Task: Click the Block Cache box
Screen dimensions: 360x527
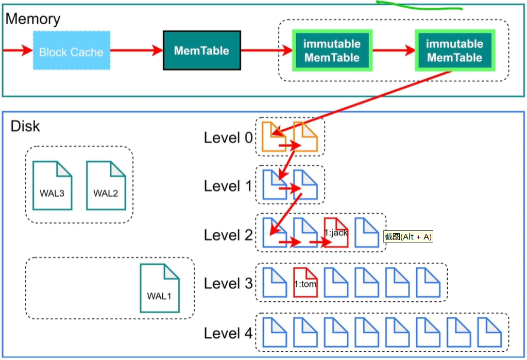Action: tap(72, 50)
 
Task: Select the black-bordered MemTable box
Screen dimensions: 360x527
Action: tap(201, 50)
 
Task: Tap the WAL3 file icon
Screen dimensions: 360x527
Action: tap(52, 185)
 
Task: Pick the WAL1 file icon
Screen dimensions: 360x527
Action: tap(160, 288)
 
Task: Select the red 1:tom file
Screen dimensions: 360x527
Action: tap(305, 283)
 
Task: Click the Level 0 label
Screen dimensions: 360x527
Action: tap(229, 138)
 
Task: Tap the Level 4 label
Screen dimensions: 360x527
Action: tap(229, 333)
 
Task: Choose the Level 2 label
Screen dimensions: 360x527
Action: tap(229, 235)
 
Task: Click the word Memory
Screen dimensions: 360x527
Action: tap(32, 20)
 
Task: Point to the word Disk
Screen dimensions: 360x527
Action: tap(25, 126)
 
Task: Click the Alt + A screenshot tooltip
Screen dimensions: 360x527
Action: tap(408, 236)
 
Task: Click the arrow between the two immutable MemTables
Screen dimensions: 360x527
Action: tap(394, 50)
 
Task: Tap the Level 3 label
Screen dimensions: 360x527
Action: tap(229, 283)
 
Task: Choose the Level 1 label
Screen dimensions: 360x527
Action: tap(229, 186)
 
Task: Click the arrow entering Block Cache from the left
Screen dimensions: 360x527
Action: tap(17, 50)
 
